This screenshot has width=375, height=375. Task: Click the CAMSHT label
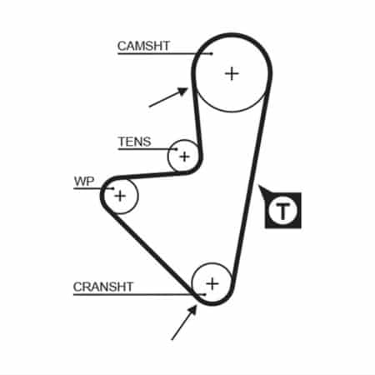(x=143, y=46)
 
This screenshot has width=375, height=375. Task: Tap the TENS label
(x=134, y=142)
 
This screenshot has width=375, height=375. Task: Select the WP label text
(x=84, y=182)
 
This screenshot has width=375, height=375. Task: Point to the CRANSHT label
(x=103, y=287)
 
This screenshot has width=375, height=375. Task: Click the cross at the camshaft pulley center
(x=232, y=74)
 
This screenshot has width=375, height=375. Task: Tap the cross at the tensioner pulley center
(x=184, y=157)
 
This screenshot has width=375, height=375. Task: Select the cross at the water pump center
(x=120, y=196)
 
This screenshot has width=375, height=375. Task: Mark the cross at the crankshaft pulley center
(x=212, y=283)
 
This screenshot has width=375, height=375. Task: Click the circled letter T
(x=282, y=210)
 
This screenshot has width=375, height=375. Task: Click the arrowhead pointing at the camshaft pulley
(x=183, y=91)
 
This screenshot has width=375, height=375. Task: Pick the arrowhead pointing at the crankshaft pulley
(x=192, y=310)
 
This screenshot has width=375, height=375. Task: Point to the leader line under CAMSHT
(x=165, y=53)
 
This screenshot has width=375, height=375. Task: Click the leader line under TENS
(x=147, y=149)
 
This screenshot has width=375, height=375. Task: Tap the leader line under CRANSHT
(x=139, y=294)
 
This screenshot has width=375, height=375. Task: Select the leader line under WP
(x=94, y=188)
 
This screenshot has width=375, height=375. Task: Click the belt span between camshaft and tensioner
(x=197, y=119)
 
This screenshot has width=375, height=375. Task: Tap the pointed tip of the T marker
(x=258, y=185)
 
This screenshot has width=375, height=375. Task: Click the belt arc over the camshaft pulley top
(x=232, y=35)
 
